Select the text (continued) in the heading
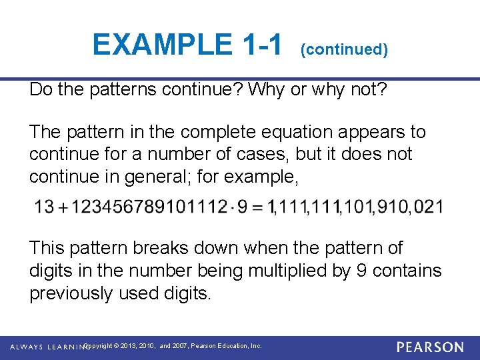[344, 49]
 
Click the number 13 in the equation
[44, 207]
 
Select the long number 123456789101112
[149, 207]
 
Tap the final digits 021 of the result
[428, 207]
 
